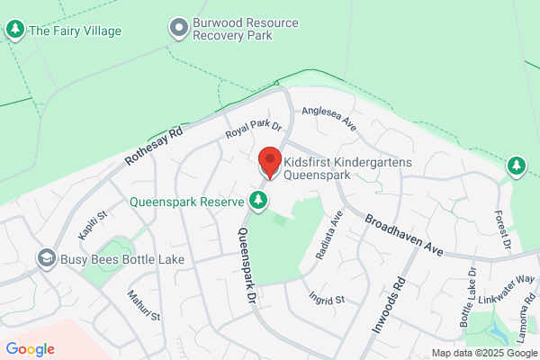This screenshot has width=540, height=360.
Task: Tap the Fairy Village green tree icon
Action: click(x=15, y=30)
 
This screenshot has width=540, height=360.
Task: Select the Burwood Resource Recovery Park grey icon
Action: click(x=178, y=28)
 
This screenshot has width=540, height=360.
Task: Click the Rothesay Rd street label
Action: click(x=153, y=149)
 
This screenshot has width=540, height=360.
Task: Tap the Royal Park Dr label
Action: click(x=253, y=130)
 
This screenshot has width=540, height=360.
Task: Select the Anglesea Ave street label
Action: click(x=328, y=118)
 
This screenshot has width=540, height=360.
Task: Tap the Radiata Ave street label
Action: click(x=328, y=237)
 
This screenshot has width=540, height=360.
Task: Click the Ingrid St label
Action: click(x=326, y=298)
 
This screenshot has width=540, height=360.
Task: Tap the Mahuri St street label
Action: click(x=142, y=303)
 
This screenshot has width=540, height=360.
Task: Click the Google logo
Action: click(x=30, y=349)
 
